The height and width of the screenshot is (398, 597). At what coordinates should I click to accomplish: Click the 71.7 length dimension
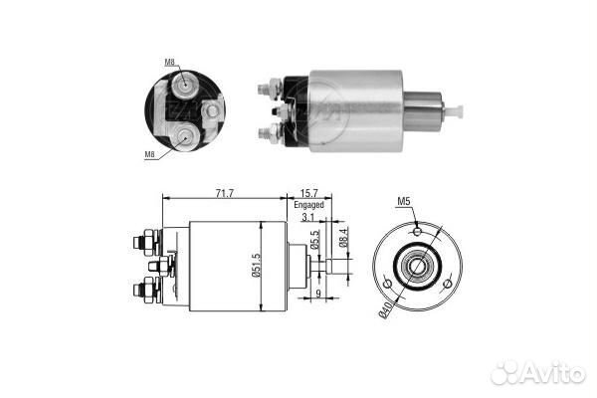(224, 193)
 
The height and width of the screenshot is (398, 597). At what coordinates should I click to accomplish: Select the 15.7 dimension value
(308, 193)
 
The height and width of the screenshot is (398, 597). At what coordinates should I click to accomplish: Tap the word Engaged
(308, 205)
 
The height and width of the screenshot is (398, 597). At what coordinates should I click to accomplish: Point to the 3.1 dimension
(308, 218)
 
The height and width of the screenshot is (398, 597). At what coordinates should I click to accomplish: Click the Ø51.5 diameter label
(257, 265)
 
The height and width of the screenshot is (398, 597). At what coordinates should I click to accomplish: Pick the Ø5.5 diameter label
(314, 240)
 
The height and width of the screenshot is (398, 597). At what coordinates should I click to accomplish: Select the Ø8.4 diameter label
(343, 238)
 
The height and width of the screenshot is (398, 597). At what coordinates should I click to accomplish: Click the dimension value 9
(318, 293)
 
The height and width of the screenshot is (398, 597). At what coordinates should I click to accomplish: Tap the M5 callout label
(404, 201)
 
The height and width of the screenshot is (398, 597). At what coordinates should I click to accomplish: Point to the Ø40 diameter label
(385, 309)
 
